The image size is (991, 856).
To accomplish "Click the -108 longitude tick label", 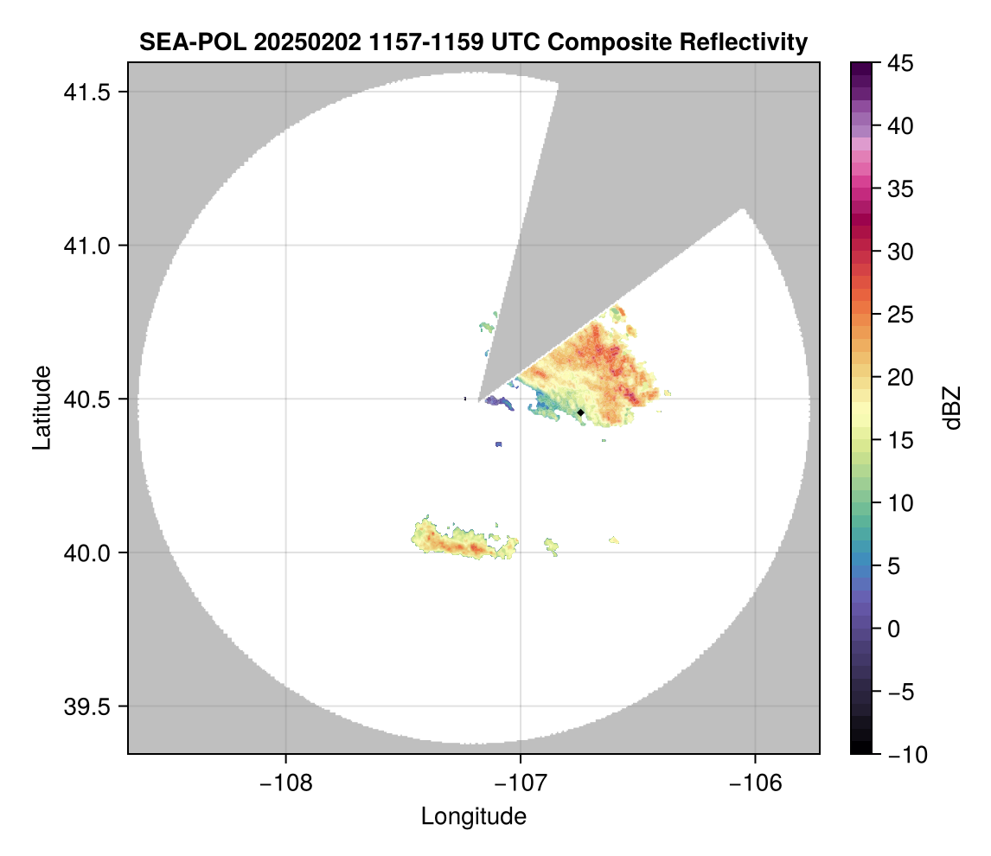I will pyautogui.click(x=285, y=783).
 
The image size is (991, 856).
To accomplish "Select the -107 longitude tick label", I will pyautogui.click(x=521, y=783).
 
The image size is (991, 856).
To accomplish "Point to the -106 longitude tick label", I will pyautogui.click(x=756, y=783).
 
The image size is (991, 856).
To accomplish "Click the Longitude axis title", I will pyautogui.click(x=473, y=816).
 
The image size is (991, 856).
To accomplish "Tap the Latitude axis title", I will pyautogui.click(x=42, y=407).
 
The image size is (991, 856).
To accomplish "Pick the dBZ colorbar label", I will pyautogui.click(x=953, y=408).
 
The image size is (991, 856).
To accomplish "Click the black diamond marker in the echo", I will pyautogui.click(x=580, y=412).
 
